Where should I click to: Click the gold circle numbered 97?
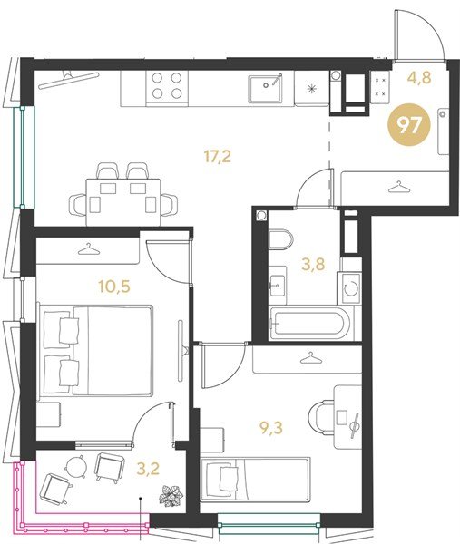(409, 125)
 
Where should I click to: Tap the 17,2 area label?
(218, 157)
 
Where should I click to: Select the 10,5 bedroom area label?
(114, 287)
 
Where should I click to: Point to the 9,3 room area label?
(271, 428)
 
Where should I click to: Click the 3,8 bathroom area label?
(313, 264)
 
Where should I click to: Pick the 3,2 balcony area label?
(148, 469)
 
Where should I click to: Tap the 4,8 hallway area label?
(419, 78)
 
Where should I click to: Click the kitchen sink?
(265, 88)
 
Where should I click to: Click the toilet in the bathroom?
(280, 239)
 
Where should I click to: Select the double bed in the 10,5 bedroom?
(96, 350)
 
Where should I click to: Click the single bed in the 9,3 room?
(255, 480)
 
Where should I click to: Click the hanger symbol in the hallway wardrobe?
(396, 187)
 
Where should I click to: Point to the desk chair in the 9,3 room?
(322, 418)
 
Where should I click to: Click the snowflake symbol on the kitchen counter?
(312, 89)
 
